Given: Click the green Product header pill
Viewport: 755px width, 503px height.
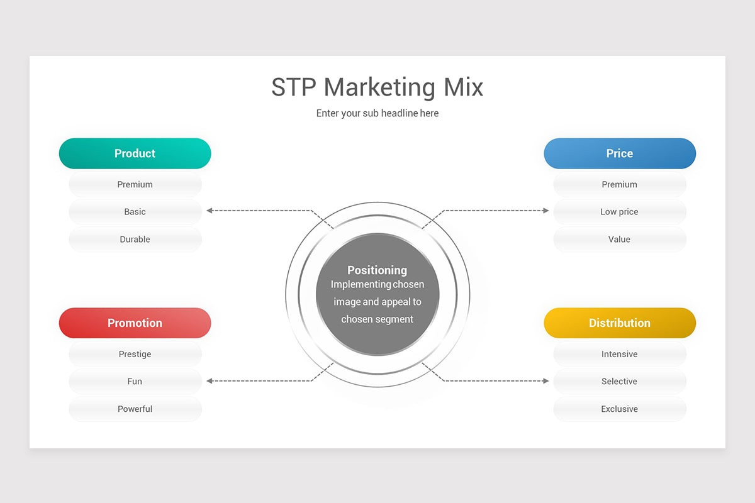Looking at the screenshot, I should pos(135,153).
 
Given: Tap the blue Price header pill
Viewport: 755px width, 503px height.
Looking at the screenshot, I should pos(620,153).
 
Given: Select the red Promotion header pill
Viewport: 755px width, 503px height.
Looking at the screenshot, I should pos(135,323).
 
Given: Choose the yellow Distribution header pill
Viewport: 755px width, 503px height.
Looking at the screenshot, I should pos(620,323).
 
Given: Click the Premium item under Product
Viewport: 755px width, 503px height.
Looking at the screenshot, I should pos(135,185).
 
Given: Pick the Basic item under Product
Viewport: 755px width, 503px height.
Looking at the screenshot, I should pos(135,212).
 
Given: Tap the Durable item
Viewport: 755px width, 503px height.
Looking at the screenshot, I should pos(135,240).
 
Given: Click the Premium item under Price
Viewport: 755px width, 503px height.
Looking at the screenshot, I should pos(620,185).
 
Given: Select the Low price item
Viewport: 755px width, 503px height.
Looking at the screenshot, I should pos(620,212).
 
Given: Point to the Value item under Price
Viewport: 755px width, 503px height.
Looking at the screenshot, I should pos(620,240).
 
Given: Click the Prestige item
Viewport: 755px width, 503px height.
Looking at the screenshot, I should pos(135,355).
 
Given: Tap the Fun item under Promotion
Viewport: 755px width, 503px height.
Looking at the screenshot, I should pos(135,382).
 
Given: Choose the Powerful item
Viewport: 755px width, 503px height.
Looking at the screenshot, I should pos(135,409).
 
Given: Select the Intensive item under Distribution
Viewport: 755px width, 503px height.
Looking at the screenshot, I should pos(620,355).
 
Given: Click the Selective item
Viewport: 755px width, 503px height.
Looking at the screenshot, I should pos(620,382).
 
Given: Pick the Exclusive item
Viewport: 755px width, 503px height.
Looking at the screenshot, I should pos(620,409).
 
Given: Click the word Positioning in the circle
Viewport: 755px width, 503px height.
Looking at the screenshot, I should pos(377,270).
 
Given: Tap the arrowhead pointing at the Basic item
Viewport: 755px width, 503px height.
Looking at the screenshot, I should pos(210,211).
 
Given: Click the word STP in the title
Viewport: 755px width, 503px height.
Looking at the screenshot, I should pos(294,87).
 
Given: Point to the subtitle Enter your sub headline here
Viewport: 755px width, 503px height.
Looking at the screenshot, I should pos(377,114).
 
